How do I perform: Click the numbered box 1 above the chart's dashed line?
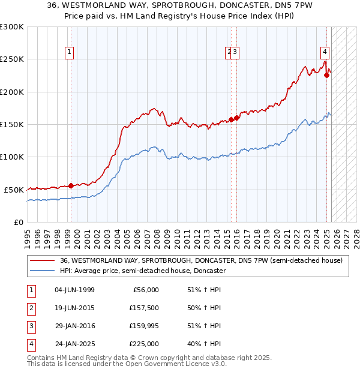[x=70, y=52]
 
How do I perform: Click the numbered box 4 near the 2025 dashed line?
[x=324, y=52]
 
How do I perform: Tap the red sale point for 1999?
[x=71, y=185]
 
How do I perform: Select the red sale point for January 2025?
[x=327, y=75]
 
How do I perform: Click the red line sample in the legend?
[x=43, y=261]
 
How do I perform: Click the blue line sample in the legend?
[x=43, y=271]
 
